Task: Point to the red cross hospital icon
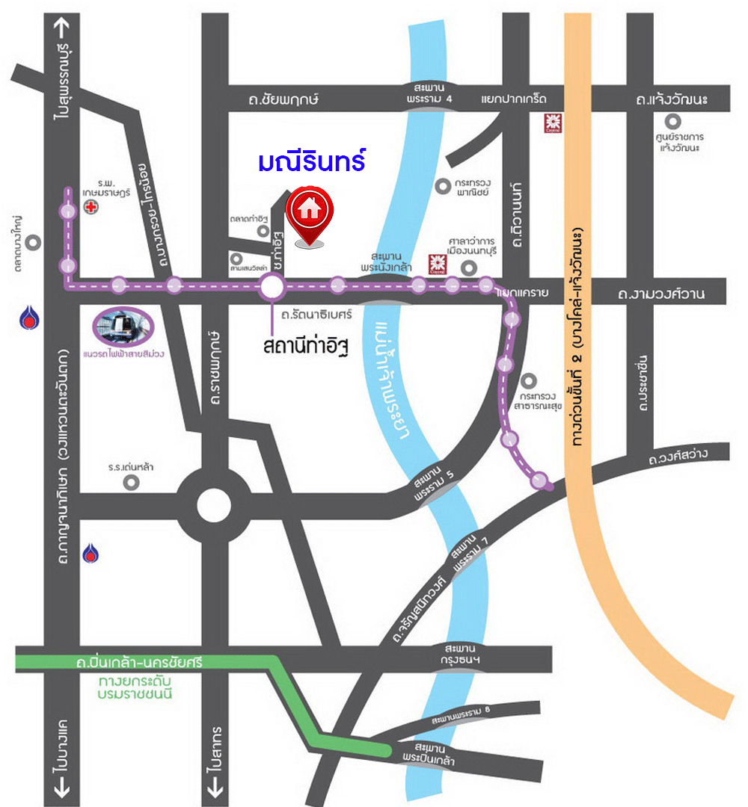click(91, 207)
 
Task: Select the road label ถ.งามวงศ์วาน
click(661, 294)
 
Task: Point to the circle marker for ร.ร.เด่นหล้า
click(132, 483)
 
